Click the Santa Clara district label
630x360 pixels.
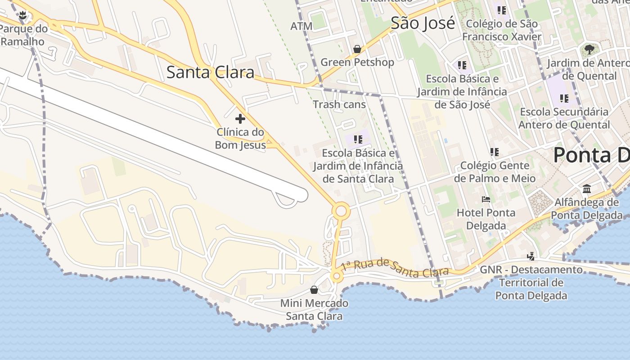pyautogui.click(x=210, y=72)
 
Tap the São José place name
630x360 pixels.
pyautogui.click(x=423, y=23)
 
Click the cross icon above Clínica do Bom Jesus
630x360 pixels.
pyautogui.click(x=240, y=119)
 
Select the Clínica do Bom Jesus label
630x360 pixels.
pyautogui.click(x=240, y=139)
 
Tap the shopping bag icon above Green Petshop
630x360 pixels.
pyautogui.click(x=357, y=49)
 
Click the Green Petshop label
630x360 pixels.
pyautogui.click(x=357, y=62)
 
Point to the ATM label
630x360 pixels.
pyautogui.click(x=301, y=26)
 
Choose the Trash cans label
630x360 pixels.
pyautogui.click(x=339, y=104)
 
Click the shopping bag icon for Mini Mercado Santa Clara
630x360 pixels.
pyautogui.click(x=314, y=289)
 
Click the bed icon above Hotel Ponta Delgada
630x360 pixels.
pyautogui.click(x=486, y=199)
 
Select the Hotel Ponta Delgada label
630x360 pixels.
pyautogui.click(x=486, y=219)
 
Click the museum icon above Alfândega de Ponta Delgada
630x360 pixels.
pyautogui.click(x=587, y=189)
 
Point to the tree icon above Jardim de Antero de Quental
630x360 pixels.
pyautogui.click(x=589, y=49)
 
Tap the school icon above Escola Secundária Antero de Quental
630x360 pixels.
pyautogui.click(x=564, y=98)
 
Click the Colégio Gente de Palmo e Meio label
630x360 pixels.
pyautogui.click(x=495, y=172)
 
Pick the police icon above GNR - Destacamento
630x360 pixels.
pyautogui.click(x=531, y=256)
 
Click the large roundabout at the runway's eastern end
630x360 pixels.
pyautogui.click(x=341, y=211)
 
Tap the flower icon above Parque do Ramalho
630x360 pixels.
pyautogui.click(x=23, y=16)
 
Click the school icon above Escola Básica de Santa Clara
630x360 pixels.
pyautogui.click(x=358, y=139)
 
